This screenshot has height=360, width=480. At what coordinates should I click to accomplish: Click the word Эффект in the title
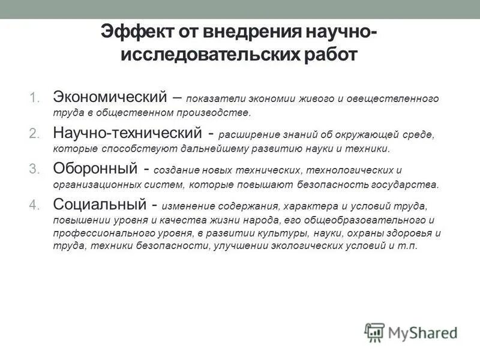click(133, 32)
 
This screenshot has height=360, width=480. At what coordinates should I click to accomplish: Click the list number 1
click(32, 97)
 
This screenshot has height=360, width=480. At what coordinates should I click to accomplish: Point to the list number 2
click(32, 133)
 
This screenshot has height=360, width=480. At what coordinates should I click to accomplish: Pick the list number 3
click(32, 169)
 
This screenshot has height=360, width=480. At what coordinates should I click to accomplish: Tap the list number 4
click(32, 205)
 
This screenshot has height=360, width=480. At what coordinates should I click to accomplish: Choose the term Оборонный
click(98, 169)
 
